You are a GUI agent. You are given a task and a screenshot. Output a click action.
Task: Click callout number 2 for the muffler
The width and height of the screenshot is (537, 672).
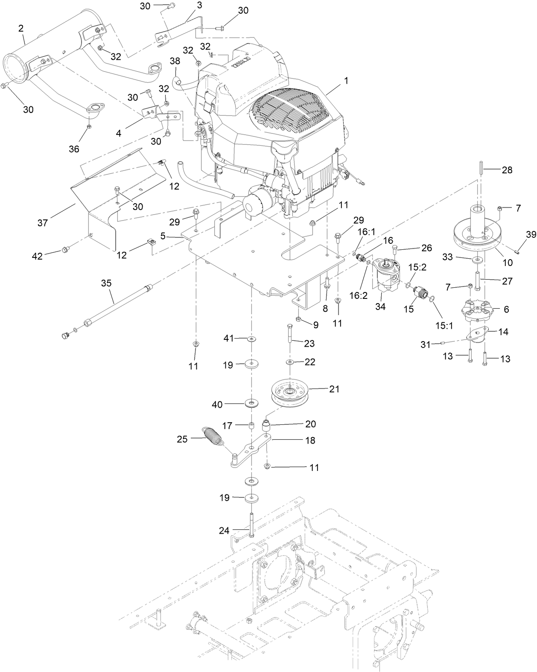tap(21, 28)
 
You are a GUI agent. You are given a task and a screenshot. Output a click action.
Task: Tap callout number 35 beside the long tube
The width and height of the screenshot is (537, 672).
tap(106, 283)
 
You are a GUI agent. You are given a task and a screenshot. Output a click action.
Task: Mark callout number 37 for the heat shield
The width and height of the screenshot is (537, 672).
tap(43, 222)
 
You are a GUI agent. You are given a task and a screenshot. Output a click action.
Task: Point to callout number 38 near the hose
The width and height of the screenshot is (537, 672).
tap(175, 61)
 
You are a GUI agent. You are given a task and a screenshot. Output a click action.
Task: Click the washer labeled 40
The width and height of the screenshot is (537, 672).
tap(253, 403)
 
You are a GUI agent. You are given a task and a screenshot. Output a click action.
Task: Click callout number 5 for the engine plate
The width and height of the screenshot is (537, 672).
tap(163, 235)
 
